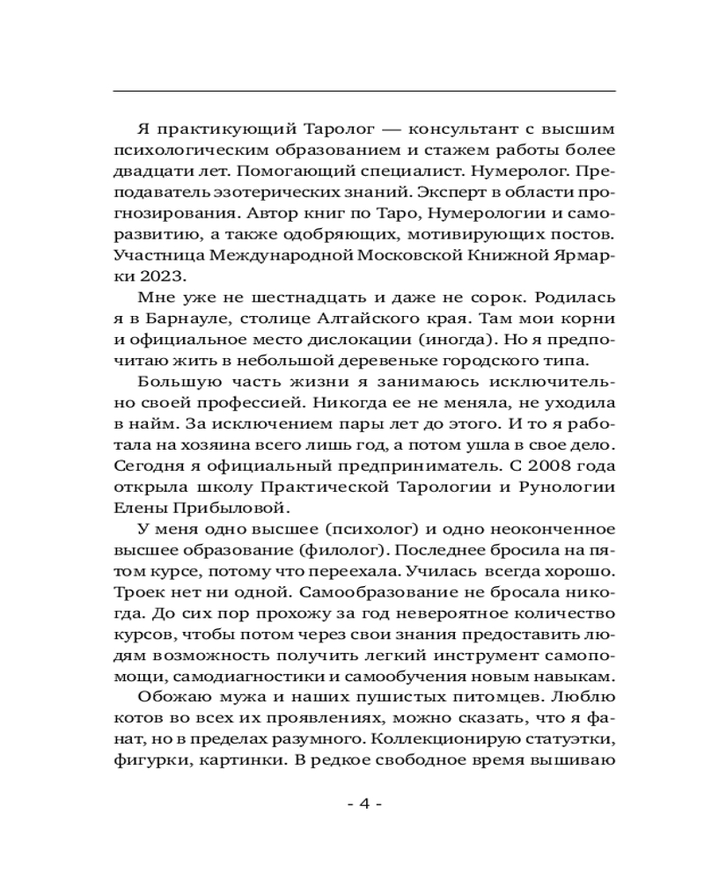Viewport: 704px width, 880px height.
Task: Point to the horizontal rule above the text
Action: coord(365,91)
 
